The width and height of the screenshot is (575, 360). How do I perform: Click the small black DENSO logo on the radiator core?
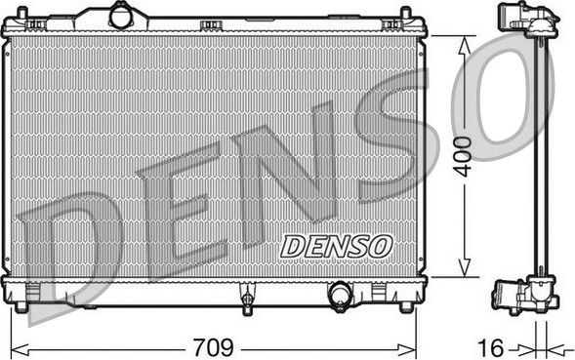pyautogui.click(x=336, y=247)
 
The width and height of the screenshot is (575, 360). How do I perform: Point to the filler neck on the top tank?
pyautogui.click(x=121, y=16)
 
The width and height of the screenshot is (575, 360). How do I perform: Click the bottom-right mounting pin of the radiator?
pyautogui.click(x=406, y=306)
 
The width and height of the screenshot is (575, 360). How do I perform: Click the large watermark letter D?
pyautogui.click(x=78, y=249)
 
